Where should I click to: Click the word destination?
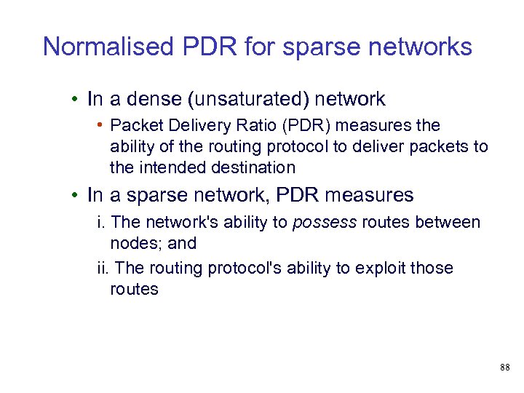point(251,167)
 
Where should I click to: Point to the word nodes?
point(134,243)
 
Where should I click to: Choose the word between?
point(450,222)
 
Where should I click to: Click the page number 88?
point(505,368)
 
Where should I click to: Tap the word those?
point(432,268)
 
